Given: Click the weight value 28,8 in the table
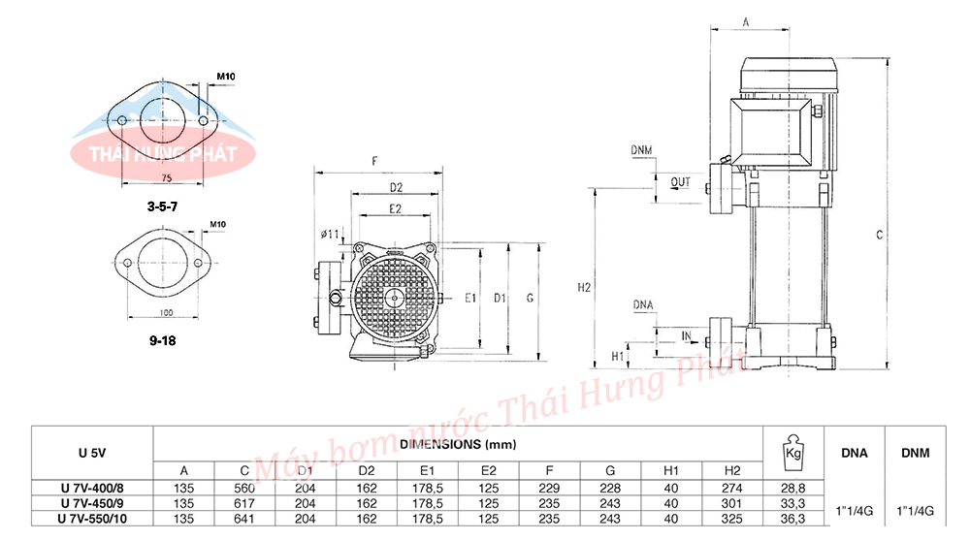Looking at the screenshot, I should click(792, 489).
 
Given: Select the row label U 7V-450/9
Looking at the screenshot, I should click(92, 503).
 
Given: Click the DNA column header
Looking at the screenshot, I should click(854, 452).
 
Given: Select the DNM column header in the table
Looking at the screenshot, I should click(916, 452).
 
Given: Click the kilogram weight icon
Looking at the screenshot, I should click(792, 450).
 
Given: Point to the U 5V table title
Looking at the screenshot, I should click(92, 452).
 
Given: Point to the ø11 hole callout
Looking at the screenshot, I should click(329, 234).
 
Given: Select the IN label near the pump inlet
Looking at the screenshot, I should click(686, 335).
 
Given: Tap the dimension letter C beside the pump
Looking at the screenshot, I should click(879, 235).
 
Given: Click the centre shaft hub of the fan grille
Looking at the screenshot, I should click(396, 298).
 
